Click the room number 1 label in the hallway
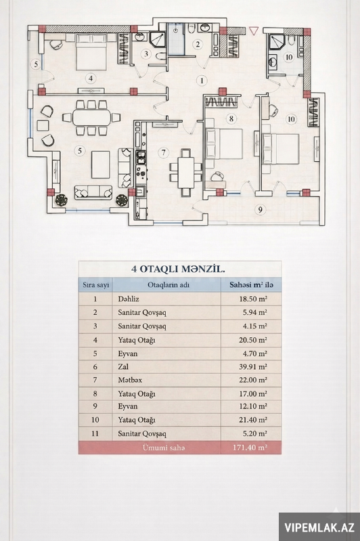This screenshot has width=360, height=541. tap(202, 81)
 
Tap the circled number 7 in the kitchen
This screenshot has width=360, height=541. tap(164, 152)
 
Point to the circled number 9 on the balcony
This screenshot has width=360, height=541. tap(260, 209)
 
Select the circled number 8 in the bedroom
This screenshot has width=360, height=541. tap(231, 119)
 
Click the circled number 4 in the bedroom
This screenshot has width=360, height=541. tap(91, 79)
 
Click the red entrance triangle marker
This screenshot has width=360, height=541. tap(254, 31)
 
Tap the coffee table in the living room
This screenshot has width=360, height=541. tap(101, 165)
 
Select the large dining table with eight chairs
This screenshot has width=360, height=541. tap(92, 118)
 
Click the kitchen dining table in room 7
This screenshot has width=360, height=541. tap(185, 172)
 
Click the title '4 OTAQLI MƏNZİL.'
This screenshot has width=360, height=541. tap(178, 269)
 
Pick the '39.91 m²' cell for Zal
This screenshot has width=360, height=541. tap(253, 367)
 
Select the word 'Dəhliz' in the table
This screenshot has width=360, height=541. tap(129, 299)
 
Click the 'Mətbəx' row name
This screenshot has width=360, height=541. tap(130, 381)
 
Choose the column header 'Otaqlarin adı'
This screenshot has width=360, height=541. tap(168, 285)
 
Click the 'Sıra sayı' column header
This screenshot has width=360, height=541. tap(95, 285)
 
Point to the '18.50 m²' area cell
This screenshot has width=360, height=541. tap(253, 299)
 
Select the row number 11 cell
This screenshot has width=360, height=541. tap(95, 434)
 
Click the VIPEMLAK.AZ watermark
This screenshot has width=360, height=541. tap(319, 527)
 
